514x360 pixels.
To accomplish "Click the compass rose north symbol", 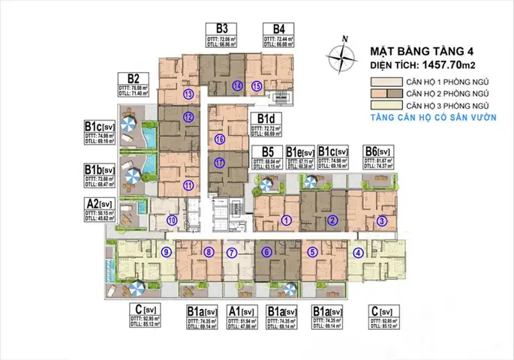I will click(x=343, y=54).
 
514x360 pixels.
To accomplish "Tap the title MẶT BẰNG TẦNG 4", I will click(x=416, y=52).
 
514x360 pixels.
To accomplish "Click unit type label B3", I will click(x=222, y=28).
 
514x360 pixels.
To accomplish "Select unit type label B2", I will click(x=134, y=78).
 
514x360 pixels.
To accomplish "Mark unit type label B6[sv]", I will click(x=379, y=150).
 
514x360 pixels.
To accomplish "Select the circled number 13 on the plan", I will click(x=188, y=94).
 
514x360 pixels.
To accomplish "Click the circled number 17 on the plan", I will click(x=219, y=163).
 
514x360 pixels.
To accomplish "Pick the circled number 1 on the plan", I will click(x=285, y=220).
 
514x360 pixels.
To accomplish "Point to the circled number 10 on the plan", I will click(x=172, y=220).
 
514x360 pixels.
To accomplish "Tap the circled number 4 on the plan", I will click(x=359, y=253).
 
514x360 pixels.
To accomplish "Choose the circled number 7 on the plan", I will click(x=232, y=253).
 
